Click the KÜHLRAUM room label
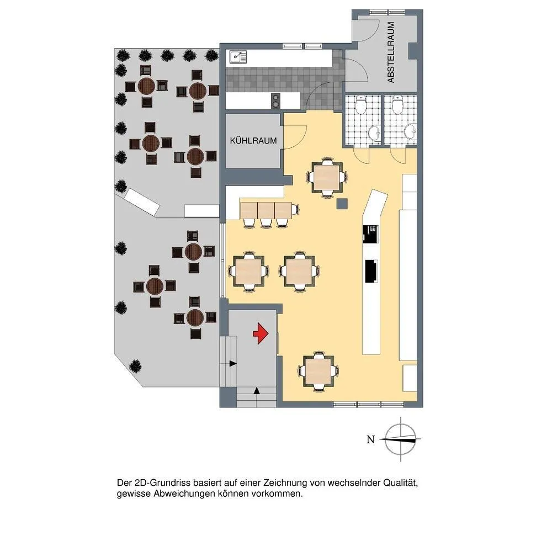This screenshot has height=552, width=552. [253, 141]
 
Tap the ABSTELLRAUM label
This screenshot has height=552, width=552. [391, 52]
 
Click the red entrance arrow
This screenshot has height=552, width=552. [261, 333]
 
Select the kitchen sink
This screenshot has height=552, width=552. [238, 57]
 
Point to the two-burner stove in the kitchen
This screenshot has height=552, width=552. [275, 101]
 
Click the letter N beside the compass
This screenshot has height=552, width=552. [370, 440]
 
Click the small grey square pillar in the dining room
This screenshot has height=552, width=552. [342, 204]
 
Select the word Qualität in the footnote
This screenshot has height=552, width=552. [400, 483]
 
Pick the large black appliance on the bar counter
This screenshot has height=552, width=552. [371, 271]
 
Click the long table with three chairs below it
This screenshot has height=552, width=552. [267, 210]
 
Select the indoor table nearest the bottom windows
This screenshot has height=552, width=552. [318, 371]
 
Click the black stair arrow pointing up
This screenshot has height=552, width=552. [257, 390]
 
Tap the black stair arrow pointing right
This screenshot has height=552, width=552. [232, 363]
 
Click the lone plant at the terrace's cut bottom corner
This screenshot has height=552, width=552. [135, 367]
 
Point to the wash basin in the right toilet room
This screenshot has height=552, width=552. [411, 132]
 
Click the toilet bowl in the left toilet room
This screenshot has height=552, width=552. [360, 104]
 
